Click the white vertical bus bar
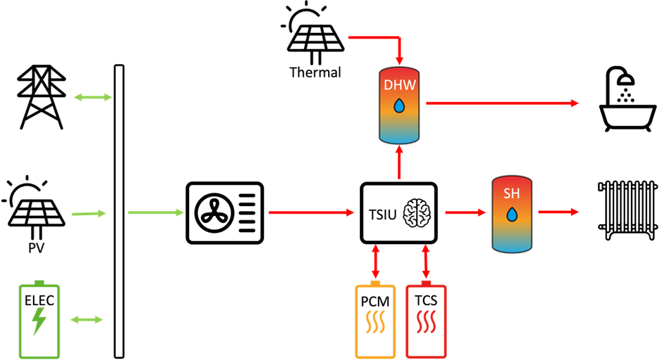point(119,211)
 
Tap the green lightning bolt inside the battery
point(39,321)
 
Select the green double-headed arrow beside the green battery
point(86,320)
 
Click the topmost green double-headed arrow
point(92,97)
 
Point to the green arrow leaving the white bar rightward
point(155,212)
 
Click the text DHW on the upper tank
point(399,85)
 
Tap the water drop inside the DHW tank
point(399,106)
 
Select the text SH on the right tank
point(512,193)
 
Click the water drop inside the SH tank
point(512,214)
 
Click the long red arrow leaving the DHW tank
point(502,103)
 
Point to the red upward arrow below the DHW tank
point(399,162)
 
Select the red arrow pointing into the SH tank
point(466,212)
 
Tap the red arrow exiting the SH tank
point(559,212)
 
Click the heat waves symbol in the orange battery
point(375,322)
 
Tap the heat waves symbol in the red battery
point(426,322)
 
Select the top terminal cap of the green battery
point(39,280)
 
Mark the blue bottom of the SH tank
point(512,243)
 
